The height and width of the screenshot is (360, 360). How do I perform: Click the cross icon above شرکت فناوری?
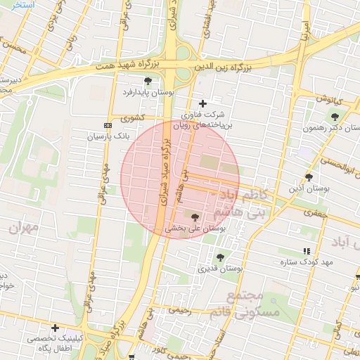click(203, 103)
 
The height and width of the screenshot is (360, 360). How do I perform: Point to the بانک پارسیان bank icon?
click(108, 118)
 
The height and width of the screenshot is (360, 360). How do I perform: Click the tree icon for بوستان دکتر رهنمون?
click(335, 117)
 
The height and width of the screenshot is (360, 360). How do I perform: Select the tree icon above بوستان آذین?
click(309, 177)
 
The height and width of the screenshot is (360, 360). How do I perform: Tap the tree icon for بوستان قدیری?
click(220, 257)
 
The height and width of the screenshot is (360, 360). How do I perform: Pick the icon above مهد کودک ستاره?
click(306, 251)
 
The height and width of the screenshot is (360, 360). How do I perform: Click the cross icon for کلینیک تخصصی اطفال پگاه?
click(55, 328)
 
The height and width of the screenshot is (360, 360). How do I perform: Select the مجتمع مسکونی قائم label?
click(255, 304)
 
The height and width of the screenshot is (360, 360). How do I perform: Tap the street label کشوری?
click(132, 117)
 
